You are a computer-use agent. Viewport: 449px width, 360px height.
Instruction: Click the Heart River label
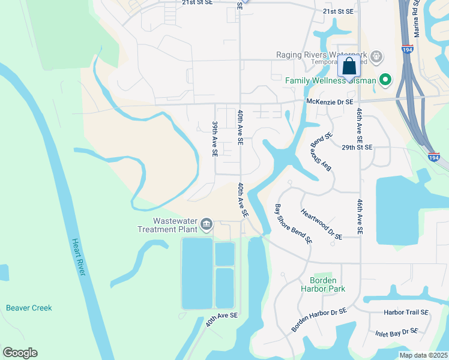click(x=79, y=258)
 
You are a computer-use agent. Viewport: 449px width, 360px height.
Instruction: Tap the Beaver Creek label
click(x=29, y=308)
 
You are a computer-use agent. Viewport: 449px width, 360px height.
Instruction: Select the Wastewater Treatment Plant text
click(x=167, y=225)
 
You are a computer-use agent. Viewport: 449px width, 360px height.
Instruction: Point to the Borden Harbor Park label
click(x=327, y=284)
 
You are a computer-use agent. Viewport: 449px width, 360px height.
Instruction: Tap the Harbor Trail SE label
click(x=406, y=313)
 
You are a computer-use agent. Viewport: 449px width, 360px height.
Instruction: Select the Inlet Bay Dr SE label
click(x=396, y=331)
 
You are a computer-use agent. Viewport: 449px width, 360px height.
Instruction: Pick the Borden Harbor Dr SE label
click(x=319, y=320)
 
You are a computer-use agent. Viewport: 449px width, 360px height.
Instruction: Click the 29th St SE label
click(x=357, y=147)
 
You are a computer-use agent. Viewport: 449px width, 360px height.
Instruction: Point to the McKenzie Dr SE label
click(x=330, y=102)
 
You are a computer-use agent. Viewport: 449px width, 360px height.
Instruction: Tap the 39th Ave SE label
click(x=214, y=139)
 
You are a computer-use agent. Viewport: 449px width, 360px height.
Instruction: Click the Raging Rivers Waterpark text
click(x=321, y=55)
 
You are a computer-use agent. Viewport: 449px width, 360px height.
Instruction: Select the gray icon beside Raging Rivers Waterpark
click(x=376, y=56)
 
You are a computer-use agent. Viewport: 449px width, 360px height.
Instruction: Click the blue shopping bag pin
click(x=349, y=67)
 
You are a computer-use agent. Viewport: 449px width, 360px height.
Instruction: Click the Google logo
click(x=20, y=353)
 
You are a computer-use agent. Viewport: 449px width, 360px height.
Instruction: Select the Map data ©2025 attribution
click(x=423, y=355)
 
